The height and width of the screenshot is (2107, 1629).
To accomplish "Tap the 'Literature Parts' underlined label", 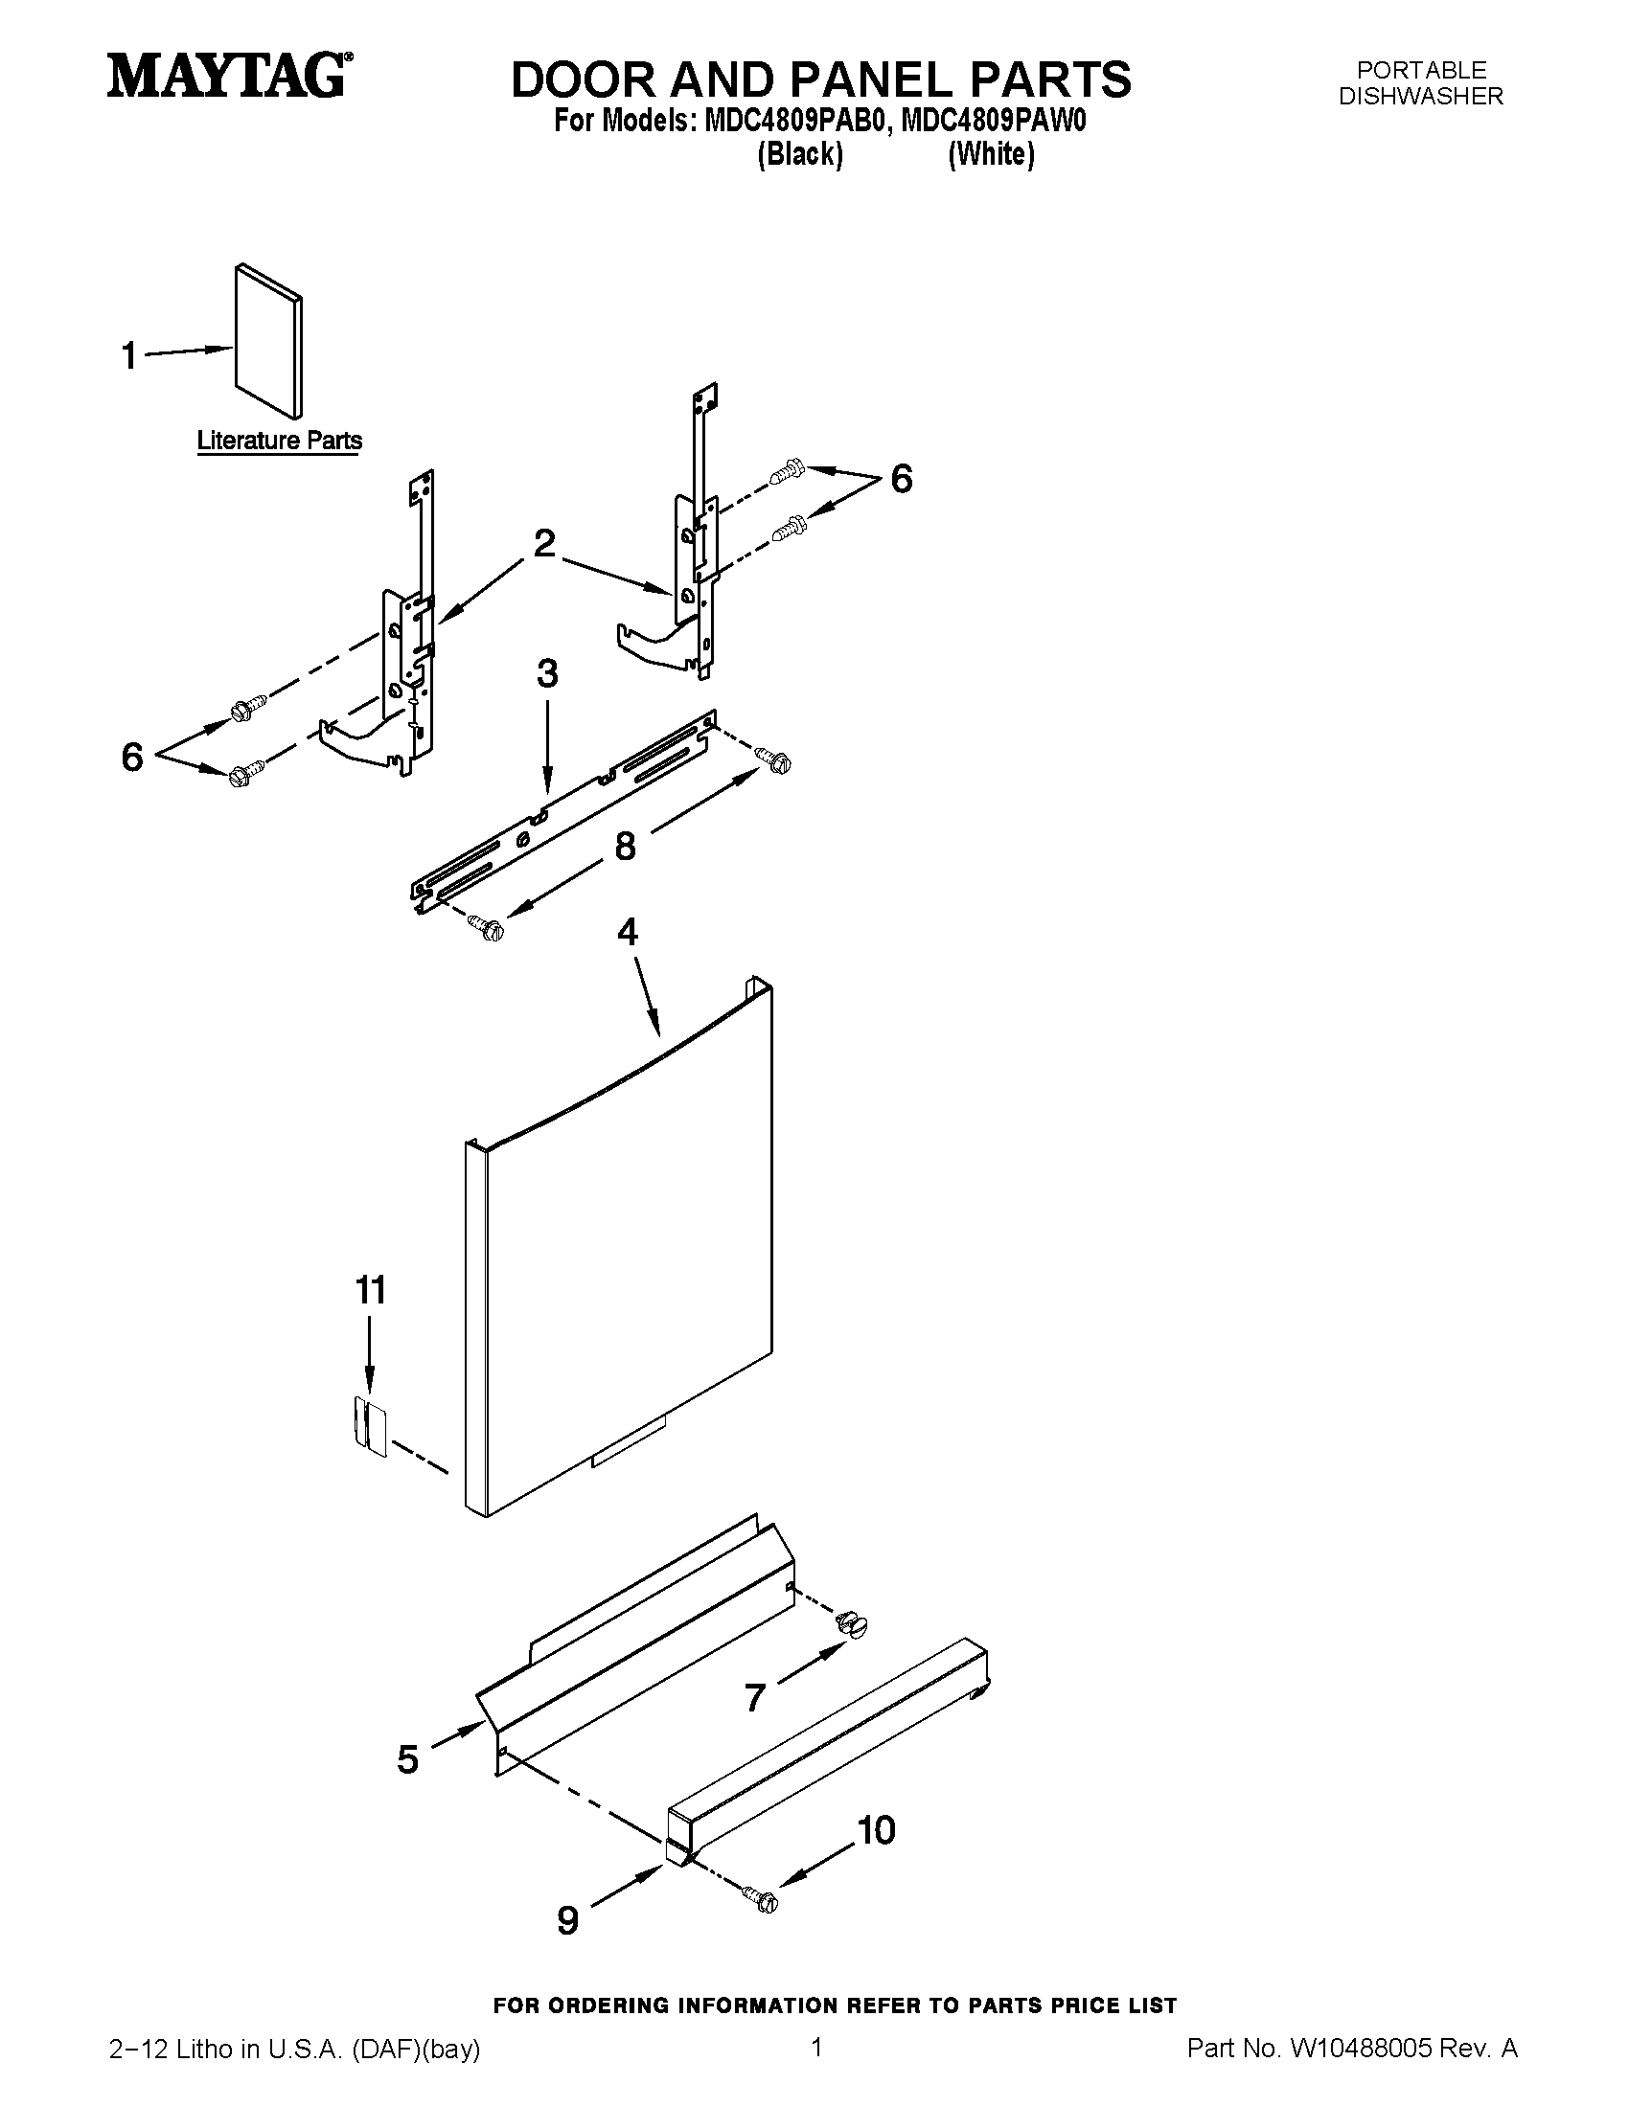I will click(x=280, y=441).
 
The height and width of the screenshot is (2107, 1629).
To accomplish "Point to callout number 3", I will click(x=547, y=673).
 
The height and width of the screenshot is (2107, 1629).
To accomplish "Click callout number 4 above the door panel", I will click(x=628, y=932).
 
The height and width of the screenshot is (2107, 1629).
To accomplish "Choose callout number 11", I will click(x=371, y=1290).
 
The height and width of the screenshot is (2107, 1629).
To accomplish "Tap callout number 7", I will click(x=755, y=1696).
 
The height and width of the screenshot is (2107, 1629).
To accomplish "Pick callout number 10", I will click(x=876, y=1829).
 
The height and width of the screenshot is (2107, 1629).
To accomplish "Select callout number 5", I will click(x=407, y=1758).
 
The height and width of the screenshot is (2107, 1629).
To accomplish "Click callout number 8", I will click(x=626, y=846).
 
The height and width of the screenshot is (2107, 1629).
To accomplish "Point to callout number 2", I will click(x=544, y=543).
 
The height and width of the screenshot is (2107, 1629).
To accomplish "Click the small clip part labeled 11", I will click(x=368, y=1426).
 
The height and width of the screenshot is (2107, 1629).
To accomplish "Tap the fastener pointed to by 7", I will click(x=850, y=1621).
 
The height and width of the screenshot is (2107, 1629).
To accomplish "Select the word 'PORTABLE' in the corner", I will click(x=1421, y=71).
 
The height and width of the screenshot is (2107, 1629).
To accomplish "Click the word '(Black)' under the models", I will click(x=800, y=154).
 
